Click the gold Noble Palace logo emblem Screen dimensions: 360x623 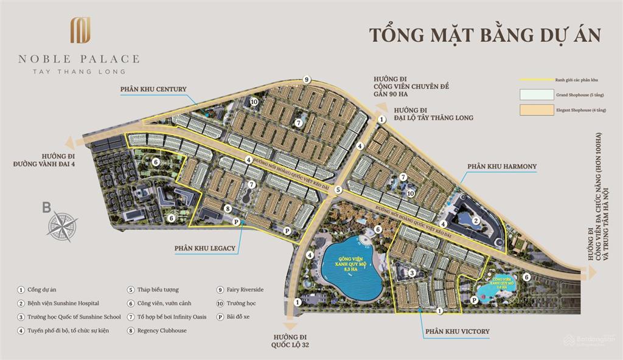(80, 30)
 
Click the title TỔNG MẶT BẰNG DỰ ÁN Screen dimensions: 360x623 (486, 33)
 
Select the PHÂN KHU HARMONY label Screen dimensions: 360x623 (502, 166)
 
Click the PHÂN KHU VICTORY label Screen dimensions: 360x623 (457, 331)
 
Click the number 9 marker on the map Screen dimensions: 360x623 (307, 80)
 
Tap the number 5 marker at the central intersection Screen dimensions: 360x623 (338, 190)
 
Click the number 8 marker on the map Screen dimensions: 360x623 (227, 209)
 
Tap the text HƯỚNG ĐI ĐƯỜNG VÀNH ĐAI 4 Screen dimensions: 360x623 (43, 160)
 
